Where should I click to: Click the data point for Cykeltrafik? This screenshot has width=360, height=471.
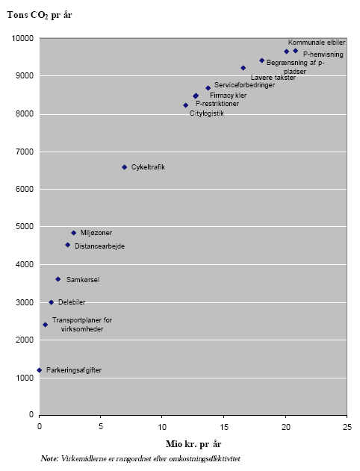[x=125, y=167]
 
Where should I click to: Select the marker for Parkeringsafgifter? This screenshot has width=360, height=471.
[x=40, y=370]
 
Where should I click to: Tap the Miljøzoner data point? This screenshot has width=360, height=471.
[x=73, y=233]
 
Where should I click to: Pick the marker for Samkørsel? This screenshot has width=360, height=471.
[x=58, y=279]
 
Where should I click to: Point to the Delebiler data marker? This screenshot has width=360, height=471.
[x=51, y=302]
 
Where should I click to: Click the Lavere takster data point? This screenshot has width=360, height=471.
[x=243, y=68]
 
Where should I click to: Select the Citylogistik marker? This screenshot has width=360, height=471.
[x=186, y=105]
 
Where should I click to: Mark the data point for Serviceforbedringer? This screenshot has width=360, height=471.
[x=208, y=88]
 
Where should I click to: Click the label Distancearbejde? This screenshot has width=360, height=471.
[x=99, y=246]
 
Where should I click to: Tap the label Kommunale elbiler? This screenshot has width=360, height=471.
[x=316, y=43]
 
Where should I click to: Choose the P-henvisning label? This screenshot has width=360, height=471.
[x=323, y=54]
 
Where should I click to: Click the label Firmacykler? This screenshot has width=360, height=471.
[x=228, y=96]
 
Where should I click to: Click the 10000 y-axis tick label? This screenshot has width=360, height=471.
[x=20, y=38]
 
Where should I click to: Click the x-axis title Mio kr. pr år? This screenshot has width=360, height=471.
[x=193, y=444]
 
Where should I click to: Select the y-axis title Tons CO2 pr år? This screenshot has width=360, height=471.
[x=40, y=15]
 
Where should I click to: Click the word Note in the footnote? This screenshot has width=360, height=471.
[x=49, y=458]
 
